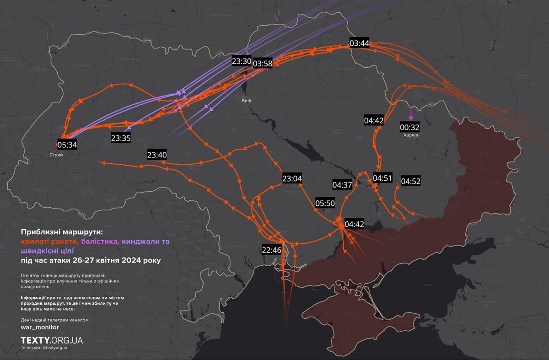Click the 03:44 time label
[x=359, y=43]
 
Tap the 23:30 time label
[x=241, y=61]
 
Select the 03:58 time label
[x=262, y=64]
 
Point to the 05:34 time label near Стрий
[x=67, y=145]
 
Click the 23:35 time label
[x=121, y=138]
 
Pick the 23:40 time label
[x=157, y=155]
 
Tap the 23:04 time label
[x=292, y=178]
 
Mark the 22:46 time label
[x=271, y=250]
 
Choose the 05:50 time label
[x=325, y=203]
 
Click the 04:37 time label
[x=342, y=185]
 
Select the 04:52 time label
[x=410, y=181]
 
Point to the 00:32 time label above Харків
[x=409, y=127]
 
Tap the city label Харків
[x=410, y=136]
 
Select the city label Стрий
[x=56, y=155]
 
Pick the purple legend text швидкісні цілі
[x=44, y=251]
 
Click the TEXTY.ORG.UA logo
[x=52, y=340]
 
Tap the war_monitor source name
[x=40, y=328]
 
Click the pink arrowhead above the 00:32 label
[x=411, y=118]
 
